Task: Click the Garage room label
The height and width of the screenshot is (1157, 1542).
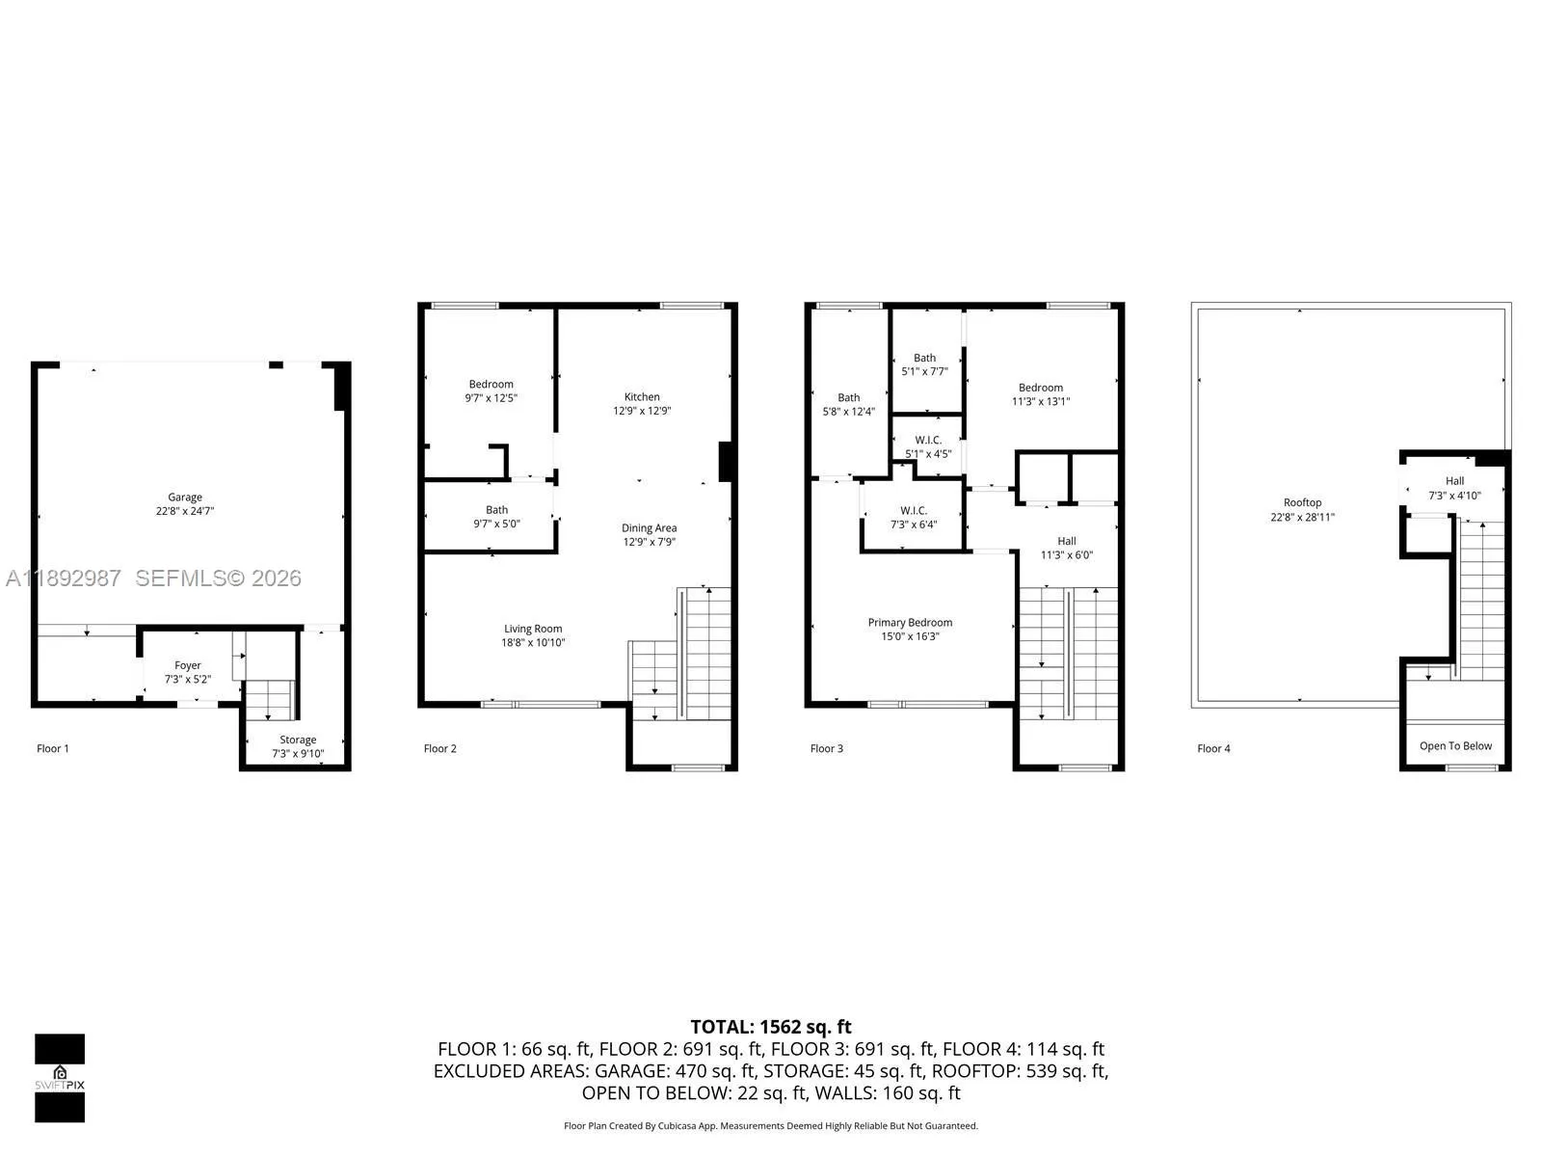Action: [x=185, y=498]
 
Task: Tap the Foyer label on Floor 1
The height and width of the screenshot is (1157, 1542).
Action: [x=188, y=666]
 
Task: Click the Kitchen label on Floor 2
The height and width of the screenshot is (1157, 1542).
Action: [x=642, y=397]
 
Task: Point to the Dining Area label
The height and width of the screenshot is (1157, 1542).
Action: [x=649, y=528]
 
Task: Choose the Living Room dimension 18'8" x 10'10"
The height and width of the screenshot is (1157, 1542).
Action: [x=533, y=643]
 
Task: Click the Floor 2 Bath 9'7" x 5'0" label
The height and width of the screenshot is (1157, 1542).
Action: [x=496, y=517]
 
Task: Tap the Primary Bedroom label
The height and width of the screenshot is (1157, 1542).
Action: [x=910, y=623]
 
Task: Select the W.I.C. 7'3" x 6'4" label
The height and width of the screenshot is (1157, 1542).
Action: [x=914, y=518]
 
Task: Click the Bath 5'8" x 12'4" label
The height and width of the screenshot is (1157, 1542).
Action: [x=848, y=404]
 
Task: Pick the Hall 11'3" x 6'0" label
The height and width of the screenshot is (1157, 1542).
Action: [x=1066, y=548]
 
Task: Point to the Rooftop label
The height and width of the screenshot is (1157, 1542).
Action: [x=1302, y=503]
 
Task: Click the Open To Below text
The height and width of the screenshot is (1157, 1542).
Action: [x=1455, y=746]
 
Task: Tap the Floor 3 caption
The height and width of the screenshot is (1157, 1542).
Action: [x=827, y=748]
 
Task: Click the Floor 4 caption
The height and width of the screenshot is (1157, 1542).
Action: [x=1213, y=748]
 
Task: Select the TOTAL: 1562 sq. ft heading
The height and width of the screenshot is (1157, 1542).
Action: [x=771, y=1027]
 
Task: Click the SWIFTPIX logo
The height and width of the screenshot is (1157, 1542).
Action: [x=60, y=1078]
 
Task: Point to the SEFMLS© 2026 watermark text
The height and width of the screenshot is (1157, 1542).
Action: [x=218, y=578]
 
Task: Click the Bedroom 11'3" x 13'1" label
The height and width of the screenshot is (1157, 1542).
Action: [x=1041, y=394]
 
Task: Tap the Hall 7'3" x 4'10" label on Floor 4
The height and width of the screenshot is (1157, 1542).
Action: [x=1454, y=488]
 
